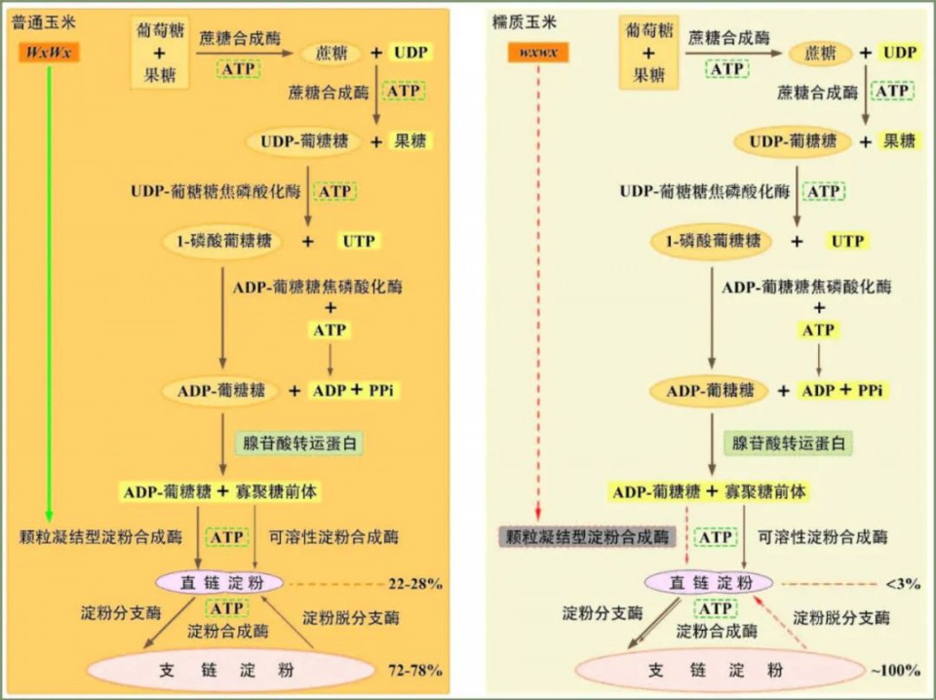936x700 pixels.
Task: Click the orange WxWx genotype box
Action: point(49,52)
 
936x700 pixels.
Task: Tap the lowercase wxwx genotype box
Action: point(538,52)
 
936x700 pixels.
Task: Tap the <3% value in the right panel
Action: point(903,584)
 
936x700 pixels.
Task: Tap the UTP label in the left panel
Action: point(358,241)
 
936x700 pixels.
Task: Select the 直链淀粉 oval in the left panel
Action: point(219,583)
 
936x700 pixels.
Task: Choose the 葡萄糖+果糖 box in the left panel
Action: point(159,53)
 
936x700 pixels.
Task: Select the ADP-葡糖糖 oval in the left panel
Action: point(221,391)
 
